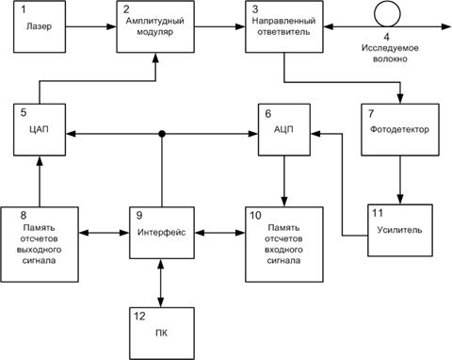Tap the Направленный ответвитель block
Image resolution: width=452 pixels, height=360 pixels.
(x=283, y=27)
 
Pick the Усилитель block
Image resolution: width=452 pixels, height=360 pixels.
(x=399, y=229)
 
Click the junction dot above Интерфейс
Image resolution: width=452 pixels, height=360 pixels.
(x=164, y=135)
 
